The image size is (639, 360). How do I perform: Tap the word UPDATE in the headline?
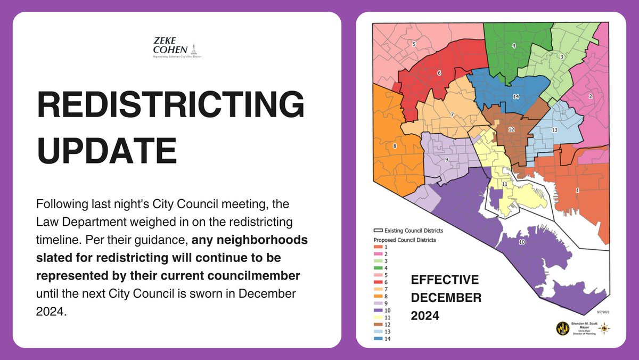click(x=106, y=151)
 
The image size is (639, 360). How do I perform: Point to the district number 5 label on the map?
click(x=414, y=44)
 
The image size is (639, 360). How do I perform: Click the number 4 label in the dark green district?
click(x=513, y=46)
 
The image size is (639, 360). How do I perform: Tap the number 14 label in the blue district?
click(x=515, y=96)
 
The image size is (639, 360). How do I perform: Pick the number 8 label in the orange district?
click(x=395, y=145)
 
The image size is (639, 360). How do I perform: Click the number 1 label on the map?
click(x=577, y=190)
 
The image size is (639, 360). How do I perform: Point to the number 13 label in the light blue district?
click(x=554, y=130)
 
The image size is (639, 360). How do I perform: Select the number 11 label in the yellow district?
click(x=504, y=184)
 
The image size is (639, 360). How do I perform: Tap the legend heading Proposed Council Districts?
click(x=404, y=240)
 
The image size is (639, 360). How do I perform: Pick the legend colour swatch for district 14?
click(x=376, y=338)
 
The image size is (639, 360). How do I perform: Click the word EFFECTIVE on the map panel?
click(x=445, y=280)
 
